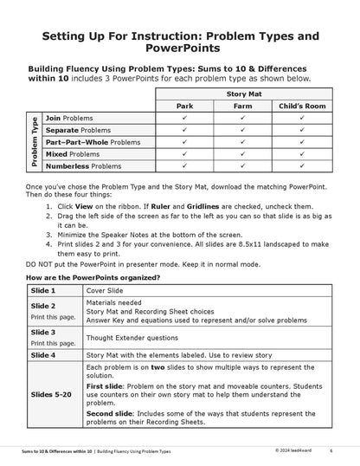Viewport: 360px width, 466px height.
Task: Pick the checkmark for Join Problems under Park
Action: tap(185, 117)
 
